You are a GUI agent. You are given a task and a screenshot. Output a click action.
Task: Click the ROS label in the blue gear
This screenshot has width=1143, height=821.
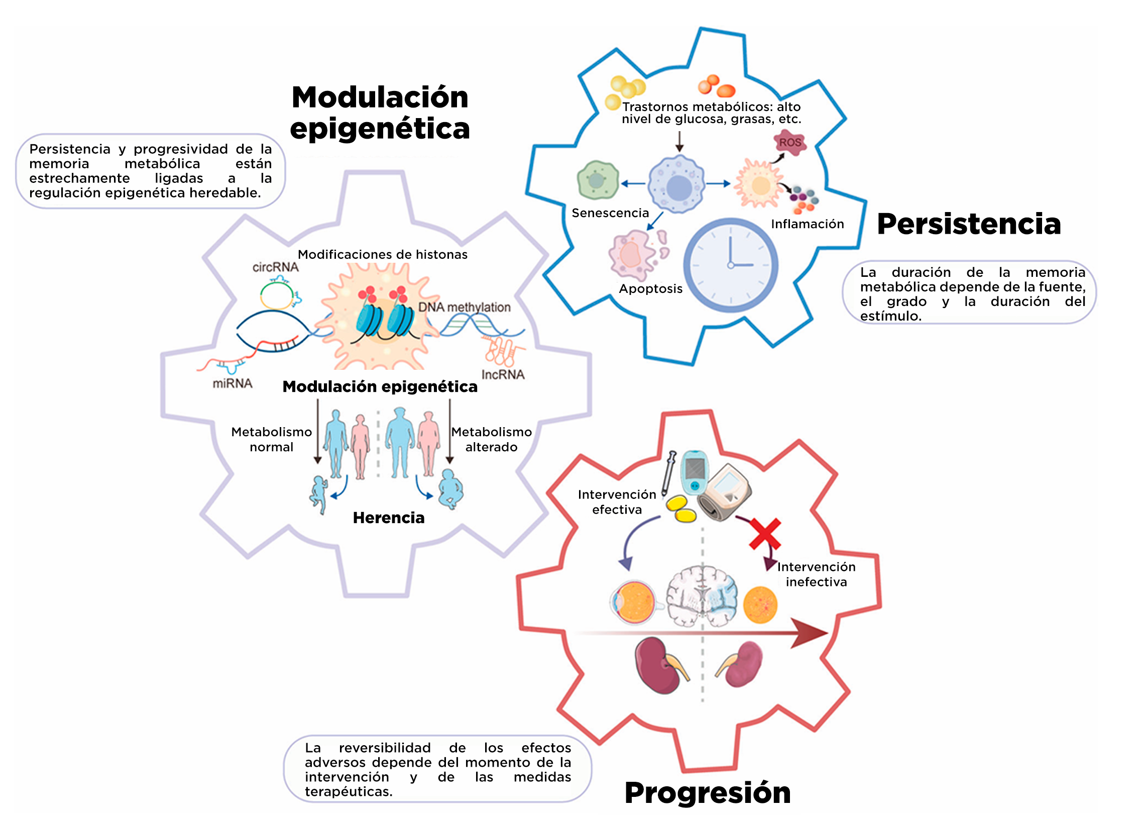[790, 143]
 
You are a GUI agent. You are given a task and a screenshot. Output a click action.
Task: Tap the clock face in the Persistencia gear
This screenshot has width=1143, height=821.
[730, 265]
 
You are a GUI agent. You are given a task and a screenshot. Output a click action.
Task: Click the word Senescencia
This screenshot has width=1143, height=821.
[610, 214]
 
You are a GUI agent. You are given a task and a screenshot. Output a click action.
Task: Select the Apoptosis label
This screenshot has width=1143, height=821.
[651, 289]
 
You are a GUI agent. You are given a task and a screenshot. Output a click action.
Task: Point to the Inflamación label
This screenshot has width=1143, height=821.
[807, 225]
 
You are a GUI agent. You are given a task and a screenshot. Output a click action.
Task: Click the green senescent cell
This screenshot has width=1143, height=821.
[598, 180]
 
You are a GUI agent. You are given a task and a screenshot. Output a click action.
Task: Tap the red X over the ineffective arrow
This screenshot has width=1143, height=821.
[764, 534]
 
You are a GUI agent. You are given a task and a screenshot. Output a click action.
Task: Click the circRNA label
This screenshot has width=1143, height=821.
[275, 267]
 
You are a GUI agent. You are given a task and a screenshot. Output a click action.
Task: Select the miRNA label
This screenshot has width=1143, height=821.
[233, 384]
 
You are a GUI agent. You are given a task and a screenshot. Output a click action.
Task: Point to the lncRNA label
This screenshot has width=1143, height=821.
[503, 375]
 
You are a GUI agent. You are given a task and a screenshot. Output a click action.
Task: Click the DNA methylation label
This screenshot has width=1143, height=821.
[464, 307]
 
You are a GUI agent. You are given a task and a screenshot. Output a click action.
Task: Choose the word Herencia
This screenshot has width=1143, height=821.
[389, 518]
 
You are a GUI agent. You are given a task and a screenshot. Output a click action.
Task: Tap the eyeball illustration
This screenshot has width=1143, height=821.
[633, 602]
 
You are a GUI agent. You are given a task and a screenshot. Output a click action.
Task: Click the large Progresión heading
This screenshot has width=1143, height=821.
[708, 793]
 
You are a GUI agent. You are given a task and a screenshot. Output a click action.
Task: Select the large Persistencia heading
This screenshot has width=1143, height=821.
[969, 224]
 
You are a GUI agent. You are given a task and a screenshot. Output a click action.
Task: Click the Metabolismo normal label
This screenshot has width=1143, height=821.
[271, 440]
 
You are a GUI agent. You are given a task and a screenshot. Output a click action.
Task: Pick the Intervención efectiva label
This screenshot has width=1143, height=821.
[617, 502]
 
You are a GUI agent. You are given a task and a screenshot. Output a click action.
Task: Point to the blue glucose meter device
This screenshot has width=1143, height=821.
[695, 472]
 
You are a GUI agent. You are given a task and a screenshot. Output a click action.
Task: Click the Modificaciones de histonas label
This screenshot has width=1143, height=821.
[383, 255]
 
